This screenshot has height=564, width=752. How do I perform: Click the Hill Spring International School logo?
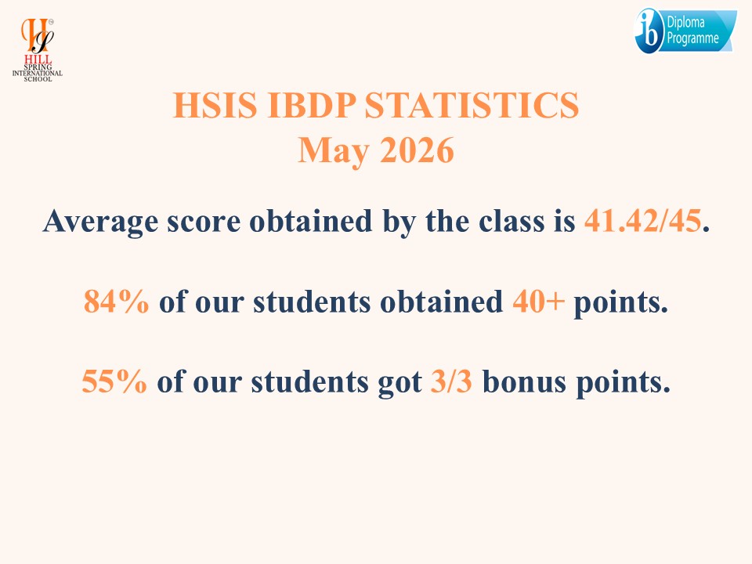tap(38, 50)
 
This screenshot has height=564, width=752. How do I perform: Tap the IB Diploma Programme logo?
tap(686, 31)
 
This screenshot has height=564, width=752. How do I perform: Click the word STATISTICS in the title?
tap(472, 105)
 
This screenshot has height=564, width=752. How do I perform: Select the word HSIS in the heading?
tap(215, 105)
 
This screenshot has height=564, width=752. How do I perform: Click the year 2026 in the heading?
tap(417, 150)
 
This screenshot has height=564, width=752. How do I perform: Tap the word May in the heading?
tap(334, 151)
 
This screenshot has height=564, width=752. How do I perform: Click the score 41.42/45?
tap(642, 221)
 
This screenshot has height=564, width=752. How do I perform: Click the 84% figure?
tap(116, 302)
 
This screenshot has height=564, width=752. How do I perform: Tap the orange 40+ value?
tap(538, 302)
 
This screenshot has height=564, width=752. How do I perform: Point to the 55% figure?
tap(114, 381)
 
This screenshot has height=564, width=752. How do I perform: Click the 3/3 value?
tap(451, 381)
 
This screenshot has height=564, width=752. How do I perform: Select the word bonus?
tap(524, 381)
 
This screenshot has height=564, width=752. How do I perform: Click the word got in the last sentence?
tap(400, 384)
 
